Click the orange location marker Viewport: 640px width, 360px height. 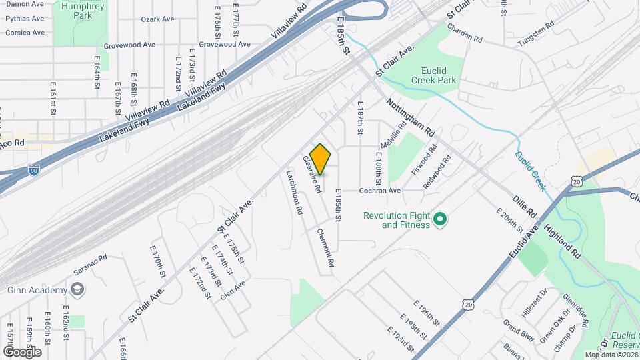click(321, 159)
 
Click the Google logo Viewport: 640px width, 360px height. click(22, 351)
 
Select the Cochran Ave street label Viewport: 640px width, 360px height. click(380, 190)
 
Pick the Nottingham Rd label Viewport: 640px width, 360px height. click(411, 115)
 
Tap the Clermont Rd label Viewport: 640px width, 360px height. click(325, 249)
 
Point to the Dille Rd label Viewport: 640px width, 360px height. click(525, 206)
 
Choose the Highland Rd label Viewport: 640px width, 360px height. click(563, 241)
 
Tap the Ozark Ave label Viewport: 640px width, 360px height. click(157, 19)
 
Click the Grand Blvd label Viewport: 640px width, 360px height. click(519, 331)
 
